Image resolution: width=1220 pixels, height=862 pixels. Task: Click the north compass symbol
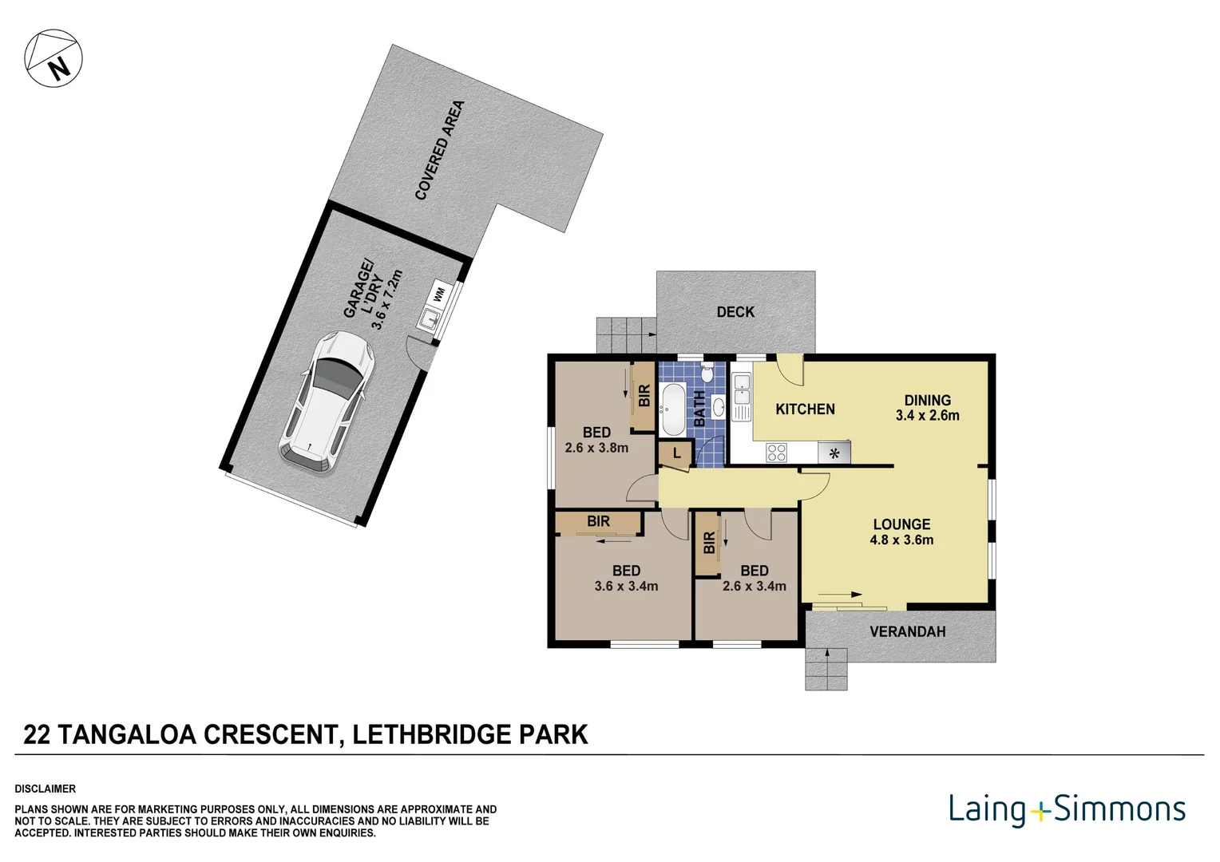(53, 58)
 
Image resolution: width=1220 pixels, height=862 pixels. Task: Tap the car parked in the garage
(327, 402)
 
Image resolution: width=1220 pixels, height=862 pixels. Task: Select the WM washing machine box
(438, 295)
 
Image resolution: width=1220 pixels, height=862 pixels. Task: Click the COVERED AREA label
(440, 150)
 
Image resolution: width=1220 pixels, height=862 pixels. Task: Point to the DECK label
(735, 312)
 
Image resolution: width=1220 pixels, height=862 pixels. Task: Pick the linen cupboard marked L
(675, 453)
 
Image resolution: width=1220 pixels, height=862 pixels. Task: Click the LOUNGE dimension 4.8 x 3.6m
(901, 540)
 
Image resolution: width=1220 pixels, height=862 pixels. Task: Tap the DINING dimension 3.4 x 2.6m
(927, 415)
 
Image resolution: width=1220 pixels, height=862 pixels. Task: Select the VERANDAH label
(907, 631)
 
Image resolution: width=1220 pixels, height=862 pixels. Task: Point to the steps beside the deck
(626, 334)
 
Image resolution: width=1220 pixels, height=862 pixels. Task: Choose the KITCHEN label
(805, 409)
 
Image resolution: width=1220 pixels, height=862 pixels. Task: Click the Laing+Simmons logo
(1067, 809)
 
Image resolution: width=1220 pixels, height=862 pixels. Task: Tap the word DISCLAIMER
(46, 789)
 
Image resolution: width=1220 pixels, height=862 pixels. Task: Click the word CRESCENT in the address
(270, 734)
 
